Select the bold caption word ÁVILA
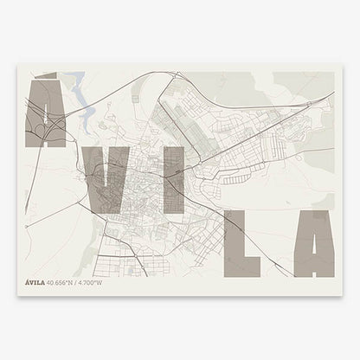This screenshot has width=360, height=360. tap(37, 282)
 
